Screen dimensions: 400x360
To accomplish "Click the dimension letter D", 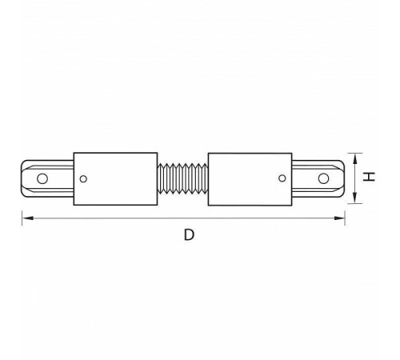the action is [189, 235].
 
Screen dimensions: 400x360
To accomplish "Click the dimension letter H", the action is [369, 177].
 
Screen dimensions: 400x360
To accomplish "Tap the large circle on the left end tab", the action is [42, 178].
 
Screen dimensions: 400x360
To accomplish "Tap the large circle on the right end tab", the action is [323, 178].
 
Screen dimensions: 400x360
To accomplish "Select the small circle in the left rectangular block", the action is [83, 179].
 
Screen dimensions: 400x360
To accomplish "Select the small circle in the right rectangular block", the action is [282, 178].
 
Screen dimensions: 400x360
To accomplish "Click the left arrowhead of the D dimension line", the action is [27, 218].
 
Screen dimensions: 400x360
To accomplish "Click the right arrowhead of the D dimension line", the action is [339, 218].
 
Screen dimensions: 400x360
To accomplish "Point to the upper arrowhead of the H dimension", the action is [355, 159].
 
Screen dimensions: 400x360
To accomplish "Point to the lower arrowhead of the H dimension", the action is [355, 198].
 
